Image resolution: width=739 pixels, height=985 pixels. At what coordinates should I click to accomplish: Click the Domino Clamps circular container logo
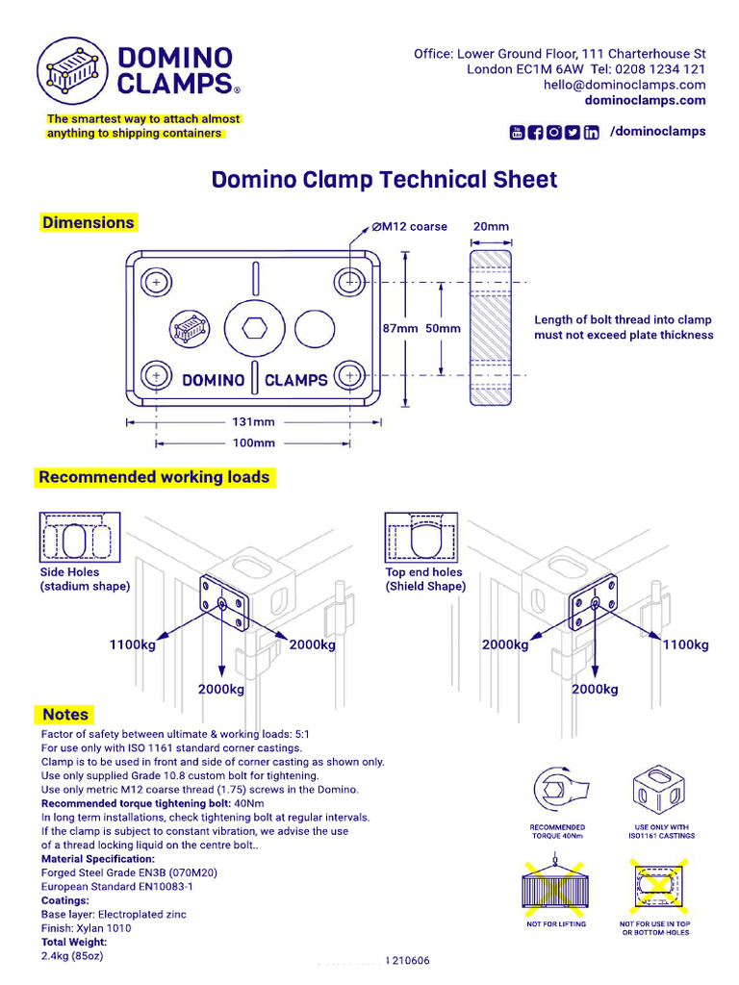tap(70, 70)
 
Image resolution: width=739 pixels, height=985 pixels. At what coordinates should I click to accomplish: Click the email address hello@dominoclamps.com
tap(624, 85)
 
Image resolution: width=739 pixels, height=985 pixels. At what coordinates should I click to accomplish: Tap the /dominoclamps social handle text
tap(658, 132)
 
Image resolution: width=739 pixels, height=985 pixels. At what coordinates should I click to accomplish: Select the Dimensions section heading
tap(88, 222)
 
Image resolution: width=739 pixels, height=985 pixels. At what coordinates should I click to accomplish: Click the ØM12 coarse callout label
tap(410, 227)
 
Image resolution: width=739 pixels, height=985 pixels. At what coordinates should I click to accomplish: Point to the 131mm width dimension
tap(252, 421)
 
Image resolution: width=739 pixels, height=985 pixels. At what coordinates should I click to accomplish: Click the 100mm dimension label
tap(254, 443)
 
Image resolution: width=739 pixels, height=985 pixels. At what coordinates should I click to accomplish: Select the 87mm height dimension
tap(399, 328)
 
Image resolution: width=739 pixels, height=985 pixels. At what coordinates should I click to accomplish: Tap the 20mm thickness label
tap(491, 227)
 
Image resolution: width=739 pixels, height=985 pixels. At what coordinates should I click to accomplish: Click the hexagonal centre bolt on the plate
tap(255, 329)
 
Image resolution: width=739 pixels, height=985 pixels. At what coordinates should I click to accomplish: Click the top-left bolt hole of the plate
tap(157, 282)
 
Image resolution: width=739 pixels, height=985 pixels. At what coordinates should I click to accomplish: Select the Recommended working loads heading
tap(154, 477)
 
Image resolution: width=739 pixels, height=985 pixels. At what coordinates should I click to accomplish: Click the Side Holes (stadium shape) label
tap(84, 579)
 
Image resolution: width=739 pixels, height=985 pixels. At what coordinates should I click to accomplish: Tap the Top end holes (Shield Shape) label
tap(425, 579)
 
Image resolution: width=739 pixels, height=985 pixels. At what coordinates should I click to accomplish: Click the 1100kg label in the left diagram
tap(132, 644)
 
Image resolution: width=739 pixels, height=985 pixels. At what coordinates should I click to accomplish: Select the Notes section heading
tap(65, 715)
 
